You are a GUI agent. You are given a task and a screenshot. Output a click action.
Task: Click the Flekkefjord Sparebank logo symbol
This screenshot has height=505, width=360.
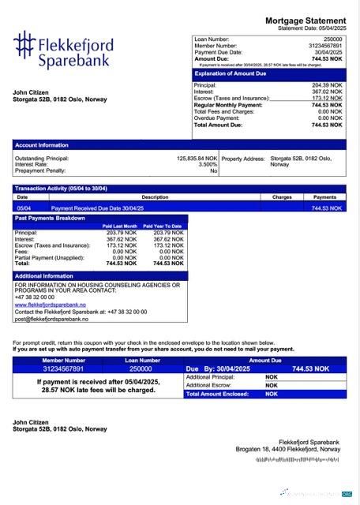tap(24, 47)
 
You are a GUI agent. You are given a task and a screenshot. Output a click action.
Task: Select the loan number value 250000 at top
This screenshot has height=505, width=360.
tap(333, 38)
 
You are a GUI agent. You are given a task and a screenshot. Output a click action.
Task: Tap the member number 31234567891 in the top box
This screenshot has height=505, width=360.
tap(325, 45)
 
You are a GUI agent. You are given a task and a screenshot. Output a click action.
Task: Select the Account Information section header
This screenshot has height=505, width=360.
tap(42, 145)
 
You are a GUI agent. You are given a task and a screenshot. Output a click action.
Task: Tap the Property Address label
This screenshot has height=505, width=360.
tap(243, 158)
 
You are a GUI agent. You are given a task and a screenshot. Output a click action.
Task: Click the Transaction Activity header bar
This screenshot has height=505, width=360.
tap(61, 188)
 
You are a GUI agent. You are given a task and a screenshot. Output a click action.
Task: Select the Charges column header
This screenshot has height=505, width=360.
tap(282, 196)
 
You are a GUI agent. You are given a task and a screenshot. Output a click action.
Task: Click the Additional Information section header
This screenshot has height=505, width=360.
tap(44, 276)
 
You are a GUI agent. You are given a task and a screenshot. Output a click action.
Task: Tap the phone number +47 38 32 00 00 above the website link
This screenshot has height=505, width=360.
tap(36, 297)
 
